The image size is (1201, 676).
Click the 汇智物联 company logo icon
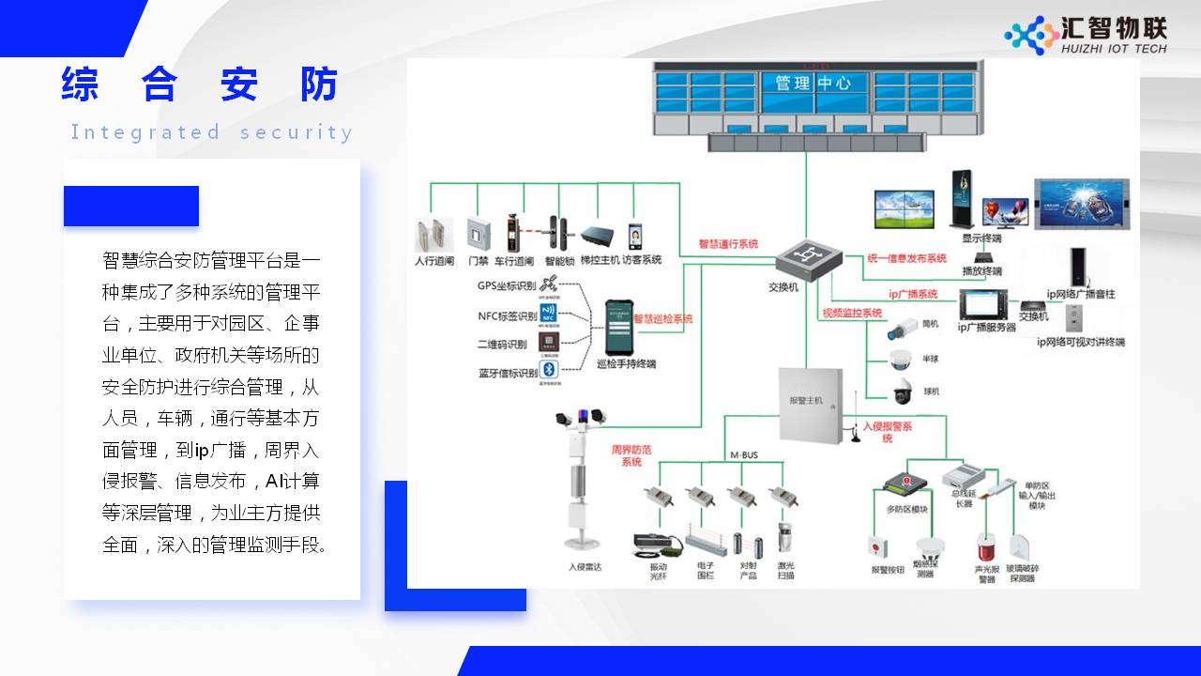1031,35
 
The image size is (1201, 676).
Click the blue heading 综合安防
200,84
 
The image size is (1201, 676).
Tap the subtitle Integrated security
212,132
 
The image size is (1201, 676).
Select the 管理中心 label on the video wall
807,83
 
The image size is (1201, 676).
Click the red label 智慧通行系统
728,244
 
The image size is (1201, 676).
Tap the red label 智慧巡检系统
663,319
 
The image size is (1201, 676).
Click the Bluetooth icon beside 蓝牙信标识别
549,370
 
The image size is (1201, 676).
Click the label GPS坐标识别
508,285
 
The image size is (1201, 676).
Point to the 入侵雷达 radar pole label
585,567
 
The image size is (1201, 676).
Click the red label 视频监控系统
852,313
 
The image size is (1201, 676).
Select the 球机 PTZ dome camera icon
902,392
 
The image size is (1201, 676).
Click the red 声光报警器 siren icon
985,545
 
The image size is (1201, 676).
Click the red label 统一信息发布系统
906,258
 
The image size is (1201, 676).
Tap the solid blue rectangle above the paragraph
131,206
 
